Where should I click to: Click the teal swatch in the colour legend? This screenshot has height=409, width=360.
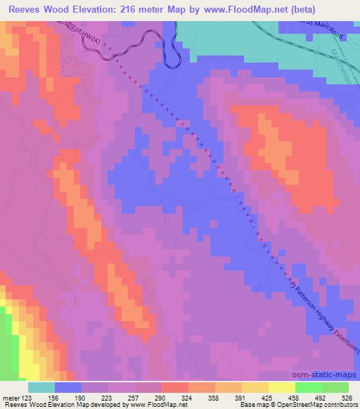pyautogui.click(x=41, y=387)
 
